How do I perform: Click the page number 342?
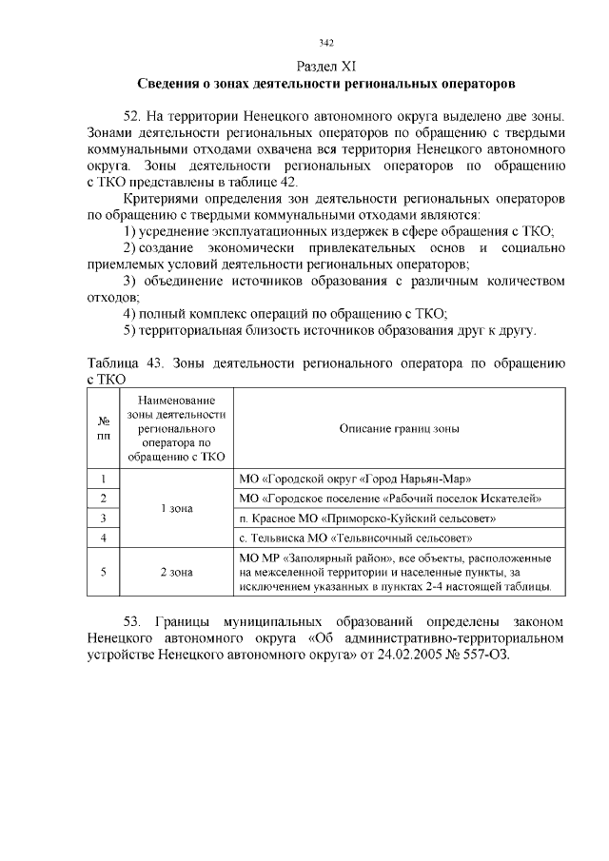coord(326,43)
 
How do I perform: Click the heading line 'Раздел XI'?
coord(326,66)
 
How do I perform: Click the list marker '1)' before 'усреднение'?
coord(132,231)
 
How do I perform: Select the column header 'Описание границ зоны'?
coord(400,428)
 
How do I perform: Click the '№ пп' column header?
coord(103,428)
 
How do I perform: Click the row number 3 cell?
coord(103,519)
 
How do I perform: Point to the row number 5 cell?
coord(103,572)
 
